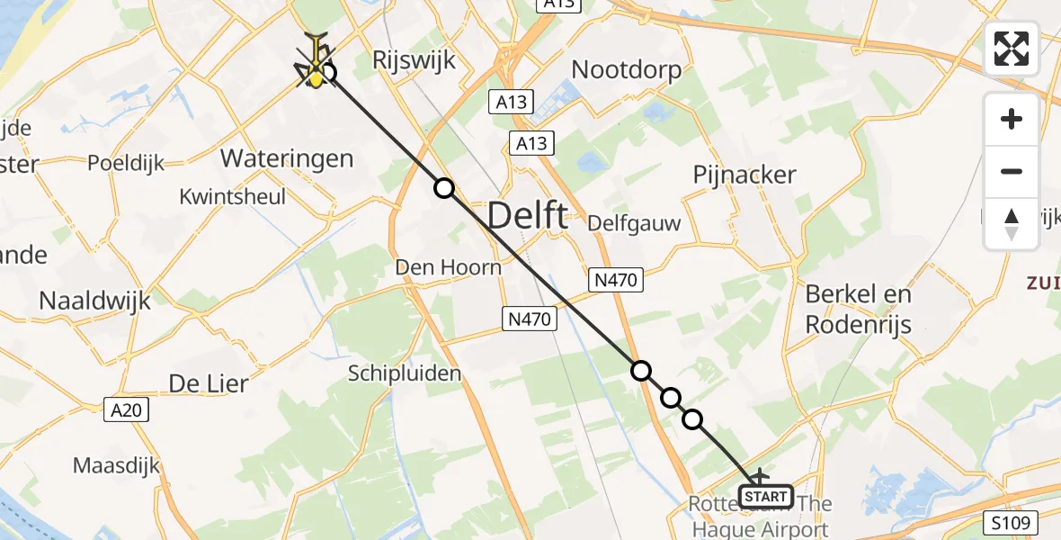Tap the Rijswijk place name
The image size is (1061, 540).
click(415, 61)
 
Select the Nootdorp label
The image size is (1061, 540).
click(626, 69)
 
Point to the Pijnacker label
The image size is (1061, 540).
click(744, 175)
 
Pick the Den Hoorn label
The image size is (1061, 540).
click(449, 267)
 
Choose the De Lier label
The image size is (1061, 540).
click(208, 383)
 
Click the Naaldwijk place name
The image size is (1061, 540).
click(94, 301)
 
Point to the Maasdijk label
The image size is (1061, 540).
click(116, 466)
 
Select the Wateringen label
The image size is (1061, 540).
click(287, 159)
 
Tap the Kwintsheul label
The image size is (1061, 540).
click(232, 196)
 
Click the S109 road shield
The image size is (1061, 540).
click(1014, 522)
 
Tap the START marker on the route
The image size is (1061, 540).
click(765, 496)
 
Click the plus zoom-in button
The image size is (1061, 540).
click(1012, 119)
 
